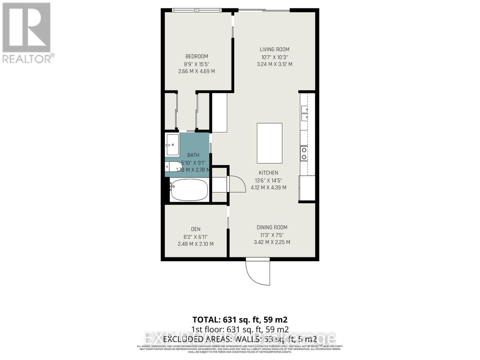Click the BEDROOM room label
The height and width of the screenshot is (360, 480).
tap(196, 56)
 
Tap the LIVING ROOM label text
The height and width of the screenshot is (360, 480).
tap(274, 49)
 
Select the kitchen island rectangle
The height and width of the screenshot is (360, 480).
tap(269, 143)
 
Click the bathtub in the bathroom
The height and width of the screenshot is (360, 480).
tap(189, 190)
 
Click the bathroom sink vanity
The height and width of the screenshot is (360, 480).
tap(172, 145)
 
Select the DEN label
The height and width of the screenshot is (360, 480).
tap(196, 229)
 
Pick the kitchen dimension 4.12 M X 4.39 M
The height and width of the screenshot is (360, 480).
tap(268, 188)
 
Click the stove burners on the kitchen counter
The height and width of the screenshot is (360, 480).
tap(304, 153)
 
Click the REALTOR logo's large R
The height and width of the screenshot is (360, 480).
tap(26, 28)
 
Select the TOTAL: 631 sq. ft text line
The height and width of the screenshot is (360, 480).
tap(240, 319)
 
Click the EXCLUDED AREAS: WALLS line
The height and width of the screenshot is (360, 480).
tap(240, 339)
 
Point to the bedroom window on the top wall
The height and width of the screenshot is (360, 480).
tap(197, 10)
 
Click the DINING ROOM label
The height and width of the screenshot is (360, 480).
tap(272, 227)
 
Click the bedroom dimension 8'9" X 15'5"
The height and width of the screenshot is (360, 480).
tap(196, 64)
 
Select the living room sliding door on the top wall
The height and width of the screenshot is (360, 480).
tap(264, 11)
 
